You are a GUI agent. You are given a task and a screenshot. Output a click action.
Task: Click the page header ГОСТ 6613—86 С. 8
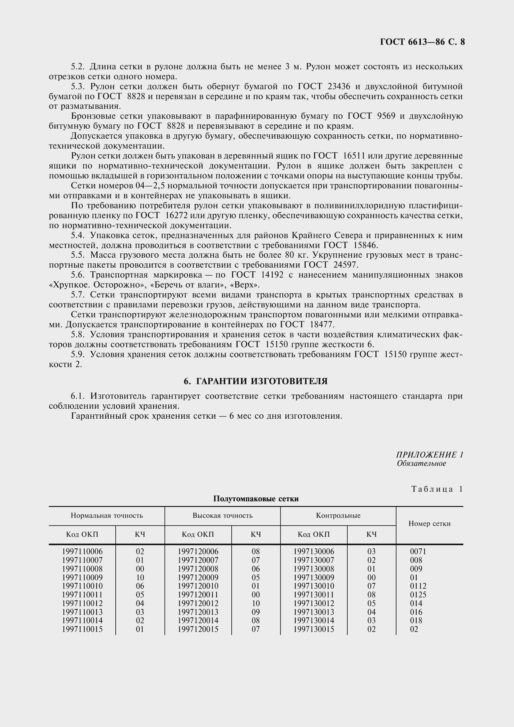[x=422, y=42]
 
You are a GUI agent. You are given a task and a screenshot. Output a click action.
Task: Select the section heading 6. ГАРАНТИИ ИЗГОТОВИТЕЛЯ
[x=256, y=381]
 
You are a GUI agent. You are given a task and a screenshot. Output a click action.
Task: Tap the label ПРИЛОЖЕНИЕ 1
[x=429, y=455]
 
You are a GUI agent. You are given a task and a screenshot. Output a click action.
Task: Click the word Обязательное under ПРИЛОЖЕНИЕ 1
[x=421, y=463]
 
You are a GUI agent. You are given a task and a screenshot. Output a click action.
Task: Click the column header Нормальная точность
[x=107, y=515]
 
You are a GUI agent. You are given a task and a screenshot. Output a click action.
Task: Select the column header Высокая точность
[x=222, y=515]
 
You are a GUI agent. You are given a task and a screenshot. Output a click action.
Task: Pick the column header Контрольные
[x=338, y=515]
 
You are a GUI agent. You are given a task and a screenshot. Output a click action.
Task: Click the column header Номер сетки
[x=429, y=524]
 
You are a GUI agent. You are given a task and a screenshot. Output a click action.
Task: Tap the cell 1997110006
[x=82, y=552]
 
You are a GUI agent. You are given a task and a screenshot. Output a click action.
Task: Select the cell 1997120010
[x=198, y=586]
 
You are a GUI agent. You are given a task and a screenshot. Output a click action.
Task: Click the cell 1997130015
[x=313, y=629]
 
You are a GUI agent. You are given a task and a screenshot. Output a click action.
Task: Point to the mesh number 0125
[x=418, y=595]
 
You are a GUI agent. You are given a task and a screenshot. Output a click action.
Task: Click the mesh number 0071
[x=418, y=552]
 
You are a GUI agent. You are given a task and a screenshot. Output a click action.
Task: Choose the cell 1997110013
[x=82, y=612]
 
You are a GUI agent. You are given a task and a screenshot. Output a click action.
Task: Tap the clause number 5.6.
[x=77, y=275]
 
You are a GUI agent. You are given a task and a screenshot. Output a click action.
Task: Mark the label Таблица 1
[x=437, y=489]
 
